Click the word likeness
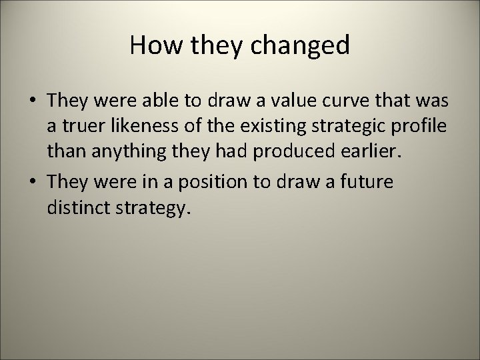[x=142, y=127]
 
